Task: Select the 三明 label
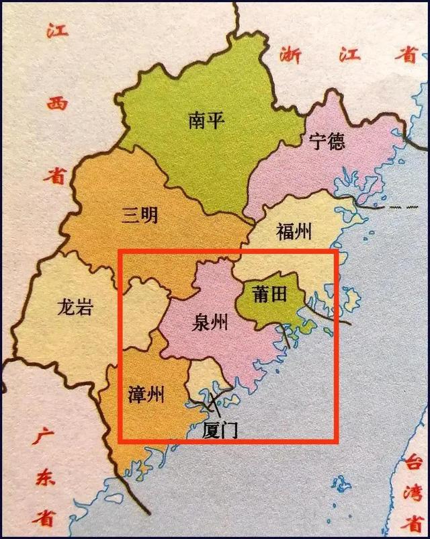click(140, 215)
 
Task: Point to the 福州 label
click(294, 233)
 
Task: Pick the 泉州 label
click(209, 323)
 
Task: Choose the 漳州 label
click(146, 394)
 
